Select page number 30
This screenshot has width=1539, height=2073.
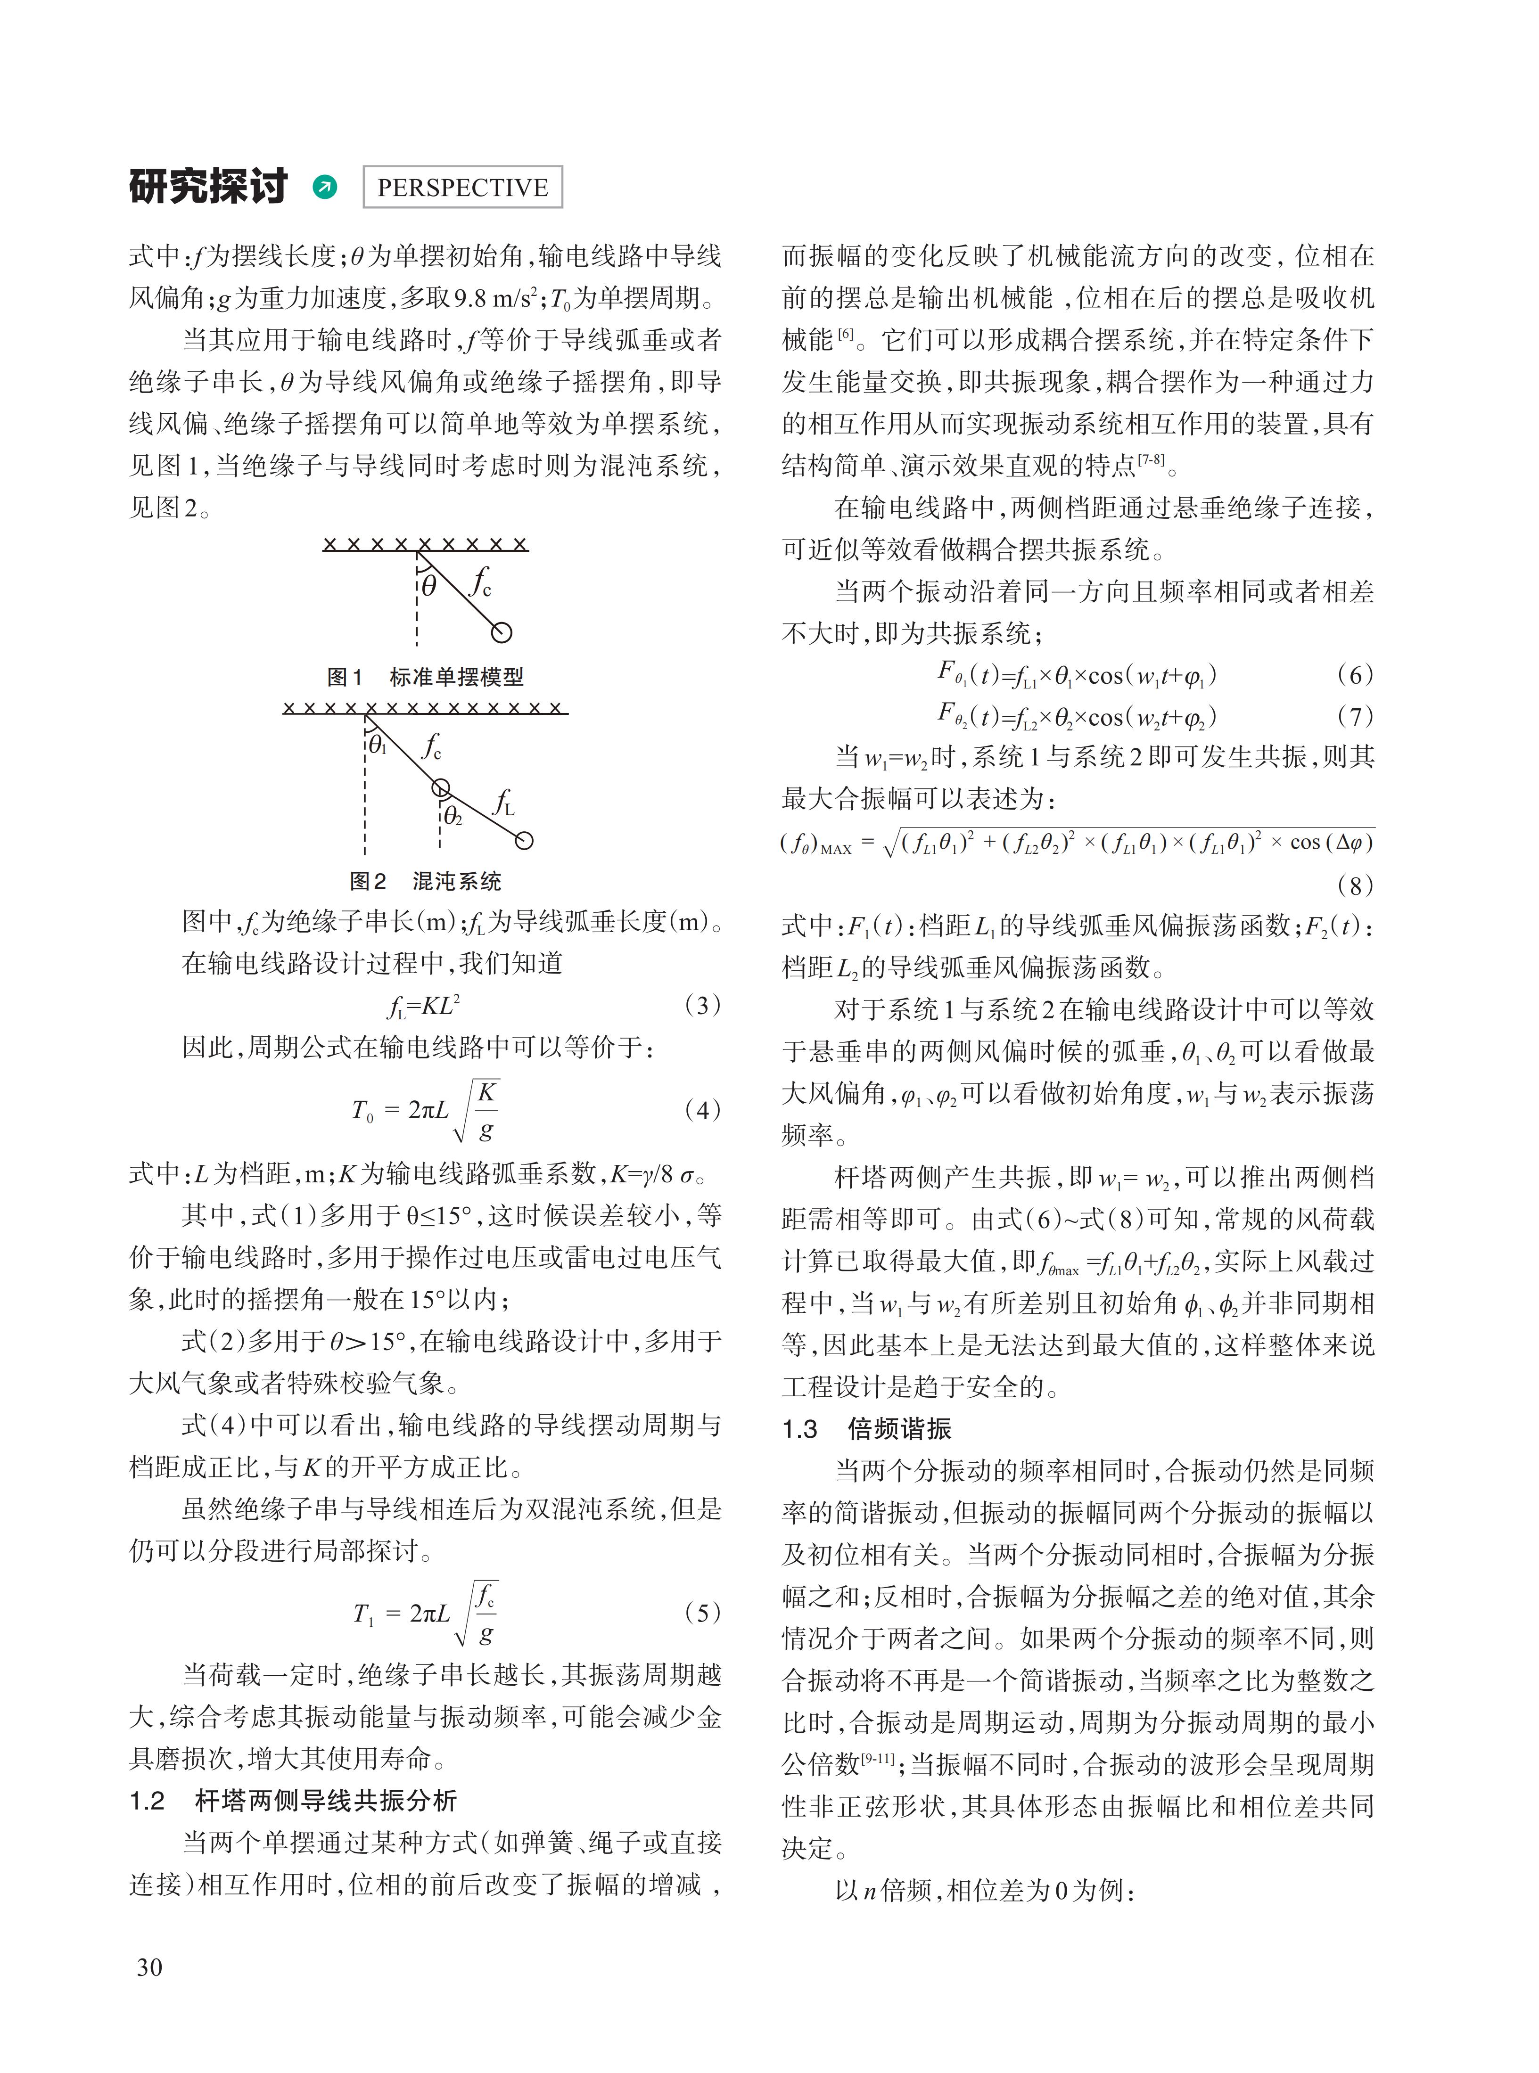pos(149,1967)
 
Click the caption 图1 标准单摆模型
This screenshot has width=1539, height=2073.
pos(426,677)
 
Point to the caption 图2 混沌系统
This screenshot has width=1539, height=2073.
pos(426,881)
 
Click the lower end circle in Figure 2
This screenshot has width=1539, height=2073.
pos(525,841)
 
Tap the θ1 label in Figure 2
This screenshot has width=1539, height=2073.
pos(377,745)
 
